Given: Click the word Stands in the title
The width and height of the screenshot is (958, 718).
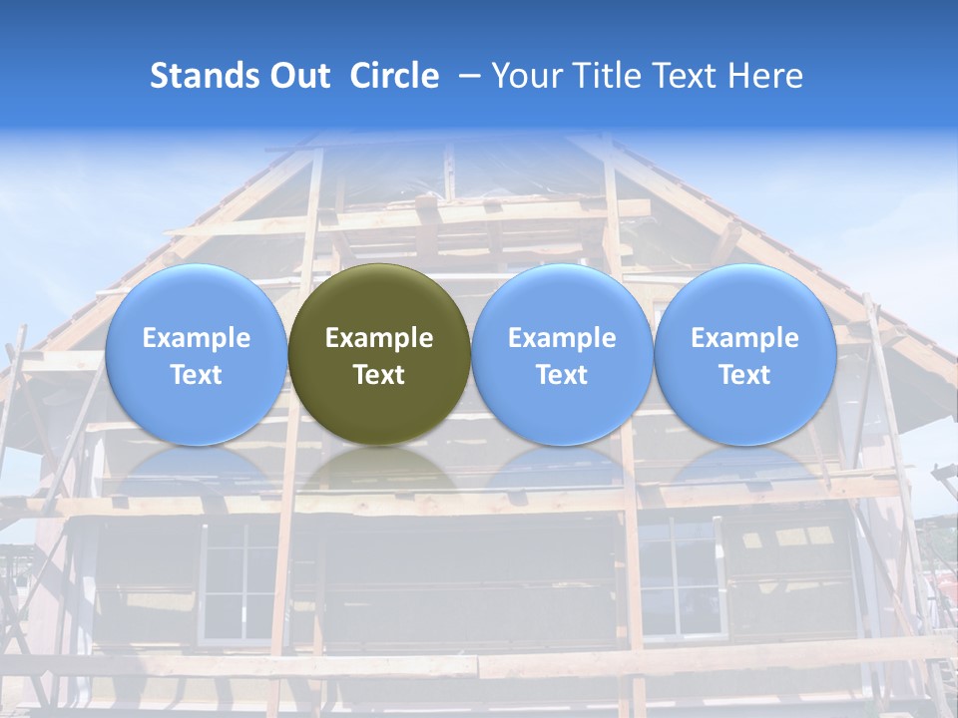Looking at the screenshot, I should [196, 76].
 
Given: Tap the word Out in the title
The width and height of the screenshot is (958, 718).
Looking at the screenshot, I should [296, 76].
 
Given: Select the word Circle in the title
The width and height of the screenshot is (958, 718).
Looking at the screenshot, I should [394, 76].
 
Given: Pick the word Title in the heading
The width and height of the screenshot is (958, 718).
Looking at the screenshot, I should [607, 76].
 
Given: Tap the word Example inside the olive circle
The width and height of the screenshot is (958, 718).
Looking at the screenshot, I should [379, 338].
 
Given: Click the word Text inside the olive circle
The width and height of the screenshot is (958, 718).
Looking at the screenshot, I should [379, 375].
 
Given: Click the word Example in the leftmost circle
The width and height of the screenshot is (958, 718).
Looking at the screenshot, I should [196, 338].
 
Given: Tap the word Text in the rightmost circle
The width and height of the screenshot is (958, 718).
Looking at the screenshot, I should [744, 375].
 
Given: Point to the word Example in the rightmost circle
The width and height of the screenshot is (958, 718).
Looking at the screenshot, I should [744, 338].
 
